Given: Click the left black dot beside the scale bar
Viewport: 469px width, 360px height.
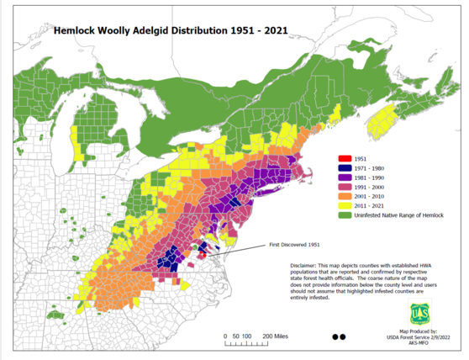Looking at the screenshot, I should tap(335, 336).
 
